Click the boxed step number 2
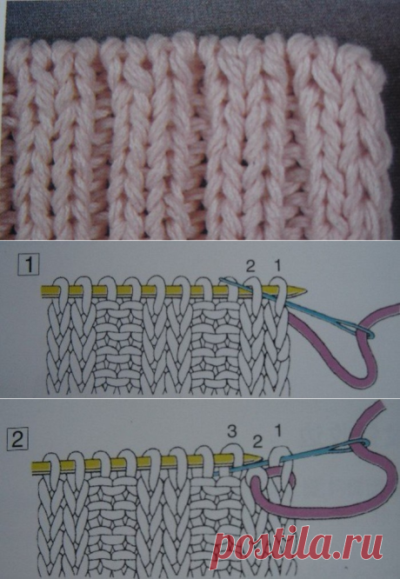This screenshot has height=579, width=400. tap(17, 440)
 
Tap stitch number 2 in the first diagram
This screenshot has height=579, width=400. tap(250, 267)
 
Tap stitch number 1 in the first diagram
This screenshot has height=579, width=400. tap(277, 265)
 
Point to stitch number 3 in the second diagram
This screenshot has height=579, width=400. tap(232, 432)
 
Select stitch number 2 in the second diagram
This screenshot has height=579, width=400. tap(257, 441)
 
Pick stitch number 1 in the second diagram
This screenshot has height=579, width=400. tap(277, 430)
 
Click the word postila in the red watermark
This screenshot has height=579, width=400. tap(270, 547)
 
